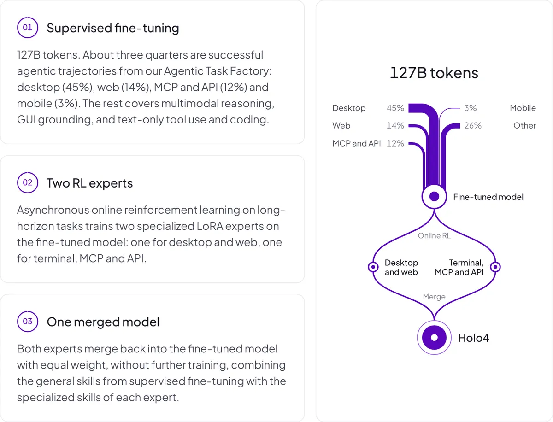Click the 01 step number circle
[x=28, y=28]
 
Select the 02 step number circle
[x=28, y=182]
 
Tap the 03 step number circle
[x=28, y=322]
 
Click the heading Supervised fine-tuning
[x=113, y=28]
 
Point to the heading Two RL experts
[x=90, y=183]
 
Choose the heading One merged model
[x=103, y=322]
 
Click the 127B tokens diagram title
[x=434, y=73]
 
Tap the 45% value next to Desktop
[x=395, y=108]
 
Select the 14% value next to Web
[x=395, y=125]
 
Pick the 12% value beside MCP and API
[x=395, y=143]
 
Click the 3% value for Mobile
[x=471, y=108]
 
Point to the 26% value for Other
[x=473, y=125]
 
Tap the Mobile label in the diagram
[x=523, y=108]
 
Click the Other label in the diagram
[x=524, y=125]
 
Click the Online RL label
[x=434, y=236]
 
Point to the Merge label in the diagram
[x=434, y=297]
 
